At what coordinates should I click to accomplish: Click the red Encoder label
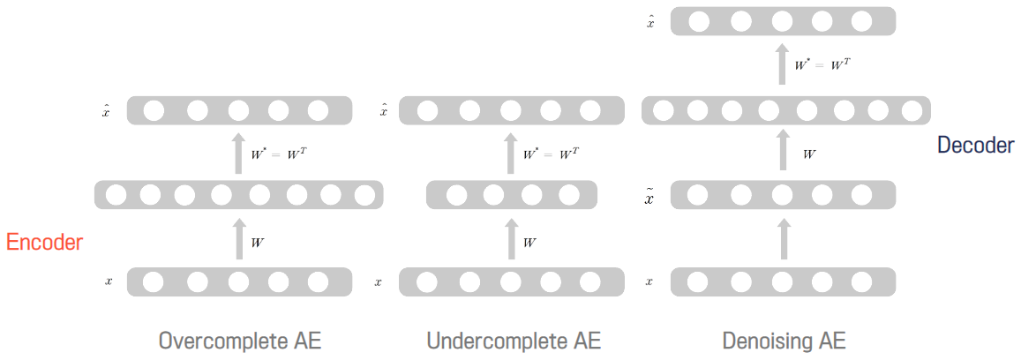(44, 243)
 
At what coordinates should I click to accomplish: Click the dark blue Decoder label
(975, 145)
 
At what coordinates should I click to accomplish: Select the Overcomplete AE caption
(239, 341)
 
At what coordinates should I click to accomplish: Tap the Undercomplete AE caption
(513, 341)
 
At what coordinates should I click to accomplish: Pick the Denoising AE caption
(783, 341)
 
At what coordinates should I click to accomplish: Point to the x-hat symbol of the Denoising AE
(650, 22)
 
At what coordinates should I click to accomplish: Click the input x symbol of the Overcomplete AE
(109, 282)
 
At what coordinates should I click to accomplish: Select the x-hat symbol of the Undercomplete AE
(383, 111)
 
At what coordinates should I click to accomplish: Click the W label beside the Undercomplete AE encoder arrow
(529, 242)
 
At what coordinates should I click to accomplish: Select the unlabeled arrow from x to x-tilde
(783, 239)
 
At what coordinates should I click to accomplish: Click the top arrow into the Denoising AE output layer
(783, 64)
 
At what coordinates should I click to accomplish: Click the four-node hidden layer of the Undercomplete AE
(511, 195)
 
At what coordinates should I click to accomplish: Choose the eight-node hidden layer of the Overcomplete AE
(239, 195)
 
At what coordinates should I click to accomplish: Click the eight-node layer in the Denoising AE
(783, 110)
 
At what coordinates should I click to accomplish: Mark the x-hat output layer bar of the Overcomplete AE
(239, 110)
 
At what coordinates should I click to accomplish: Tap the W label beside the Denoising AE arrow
(809, 154)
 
